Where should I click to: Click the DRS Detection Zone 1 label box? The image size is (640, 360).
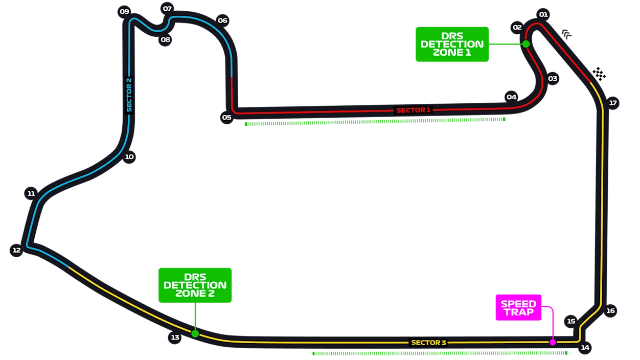click(x=452, y=44)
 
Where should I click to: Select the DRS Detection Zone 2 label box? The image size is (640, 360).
click(x=195, y=285)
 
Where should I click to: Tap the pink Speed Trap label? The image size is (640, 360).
click(x=518, y=308)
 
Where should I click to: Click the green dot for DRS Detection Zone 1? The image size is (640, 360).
click(x=526, y=44)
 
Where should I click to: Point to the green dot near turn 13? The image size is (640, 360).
click(x=195, y=333)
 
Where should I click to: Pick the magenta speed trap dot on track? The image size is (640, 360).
click(x=553, y=342)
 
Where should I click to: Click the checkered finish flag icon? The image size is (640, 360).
click(x=599, y=74)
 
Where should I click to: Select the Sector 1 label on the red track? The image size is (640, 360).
click(x=413, y=110)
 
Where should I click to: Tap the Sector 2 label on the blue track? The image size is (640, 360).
click(x=129, y=95)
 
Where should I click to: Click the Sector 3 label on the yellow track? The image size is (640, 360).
click(x=428, y=343)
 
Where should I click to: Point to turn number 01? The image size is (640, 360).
click(x=543, y=14)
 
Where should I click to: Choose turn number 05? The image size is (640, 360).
click(x=226, y=117)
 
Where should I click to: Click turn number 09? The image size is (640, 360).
click(x=124, y=11)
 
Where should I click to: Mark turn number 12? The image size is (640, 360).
click(x=17, y=250)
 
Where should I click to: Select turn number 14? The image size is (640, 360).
click(x=585, y=348)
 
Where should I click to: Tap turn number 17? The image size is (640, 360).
click(x=613, y=103)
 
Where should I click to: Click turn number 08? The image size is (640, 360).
click(x=165, y=39)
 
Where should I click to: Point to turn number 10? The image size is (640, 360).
click(x=129, y=156)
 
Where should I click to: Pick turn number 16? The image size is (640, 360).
click(x=610, y=310)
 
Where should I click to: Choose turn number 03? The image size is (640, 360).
click(x=553, y=79)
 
